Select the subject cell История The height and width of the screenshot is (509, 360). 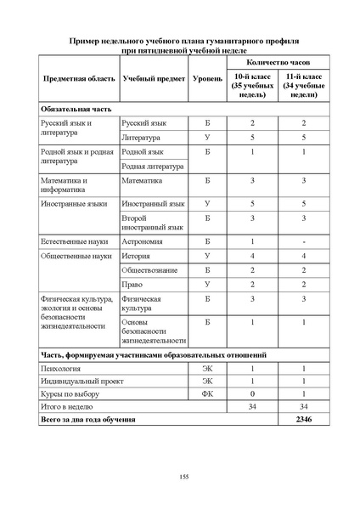click(x=138, y=255)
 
